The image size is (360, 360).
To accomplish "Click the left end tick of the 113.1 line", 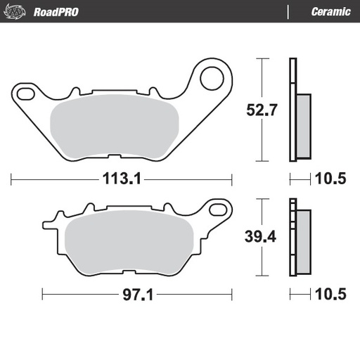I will coord(11,179).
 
